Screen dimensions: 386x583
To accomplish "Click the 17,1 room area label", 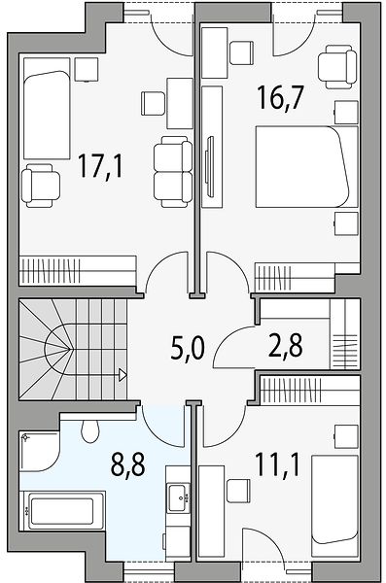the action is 100,167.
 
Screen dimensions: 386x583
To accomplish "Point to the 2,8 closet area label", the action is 286,345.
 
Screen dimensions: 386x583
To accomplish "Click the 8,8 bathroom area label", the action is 128,464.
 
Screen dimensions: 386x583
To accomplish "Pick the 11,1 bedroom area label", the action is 278,464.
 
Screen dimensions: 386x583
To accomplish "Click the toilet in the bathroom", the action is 90,430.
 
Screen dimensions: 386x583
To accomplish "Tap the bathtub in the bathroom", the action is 62,511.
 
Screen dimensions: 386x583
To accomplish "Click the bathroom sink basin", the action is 178,497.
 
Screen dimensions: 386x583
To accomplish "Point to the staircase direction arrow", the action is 123,374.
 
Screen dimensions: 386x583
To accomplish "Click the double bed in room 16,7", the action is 306,166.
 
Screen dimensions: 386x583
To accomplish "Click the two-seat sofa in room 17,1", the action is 173,171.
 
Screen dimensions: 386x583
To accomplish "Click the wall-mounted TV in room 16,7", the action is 210,166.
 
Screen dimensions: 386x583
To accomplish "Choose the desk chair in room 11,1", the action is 238,491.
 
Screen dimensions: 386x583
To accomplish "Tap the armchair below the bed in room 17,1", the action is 41,186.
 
